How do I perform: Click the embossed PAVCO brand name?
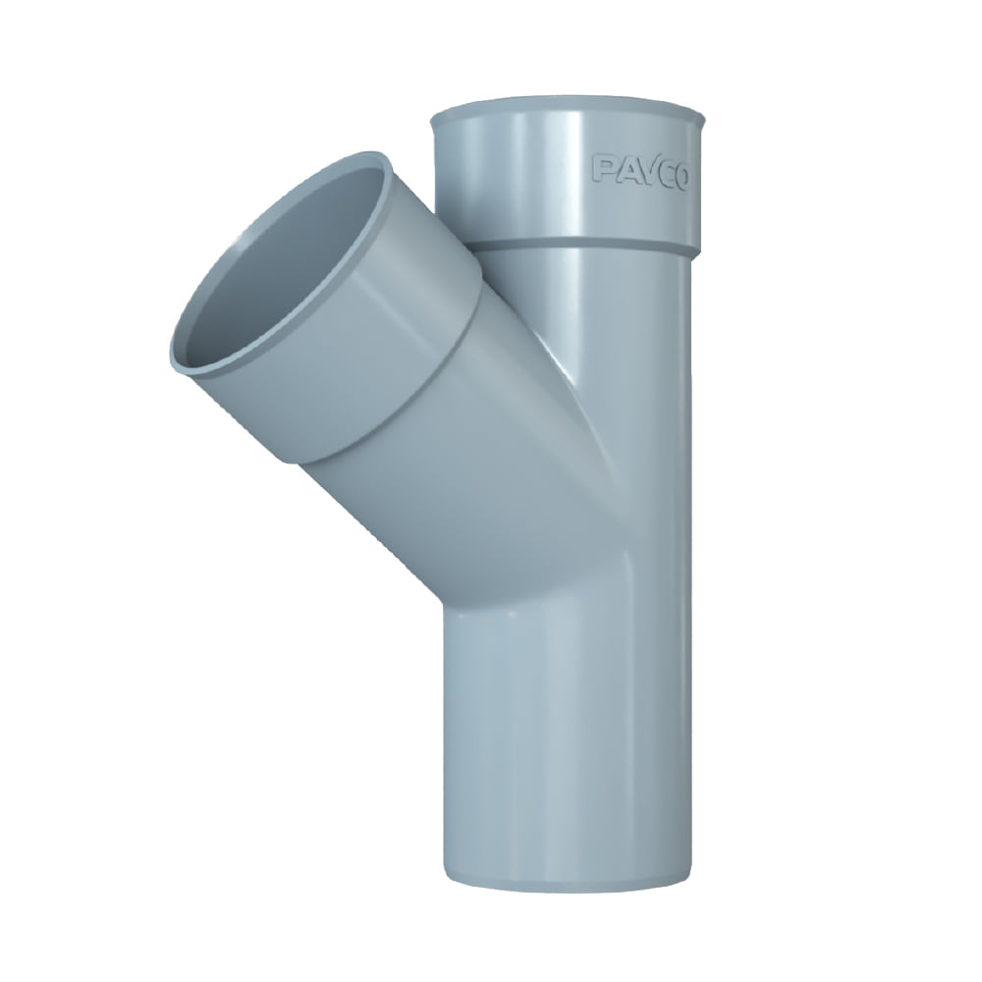(x=639, y=170)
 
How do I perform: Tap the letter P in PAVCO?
(x=603, y=168)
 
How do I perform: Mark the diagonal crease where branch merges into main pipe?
(x=589, y=412)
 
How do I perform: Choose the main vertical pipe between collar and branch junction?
(x=638, y=324)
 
